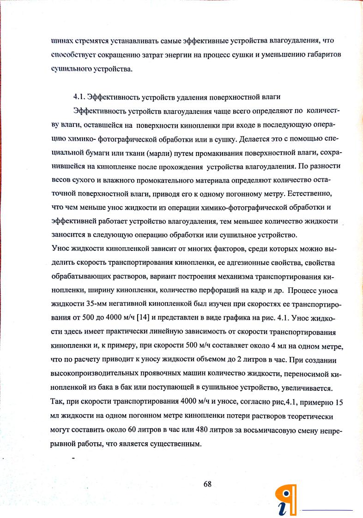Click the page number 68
[x=207, y=484]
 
